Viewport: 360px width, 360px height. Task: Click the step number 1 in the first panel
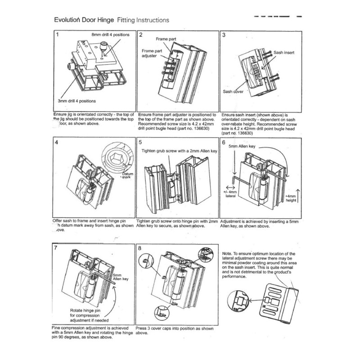[x=58, y=34]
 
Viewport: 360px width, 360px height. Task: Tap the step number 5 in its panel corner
[x=140, y=142]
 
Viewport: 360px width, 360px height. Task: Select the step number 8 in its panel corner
[x=140, y=247]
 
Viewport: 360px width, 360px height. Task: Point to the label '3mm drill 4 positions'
[x=76, y=101]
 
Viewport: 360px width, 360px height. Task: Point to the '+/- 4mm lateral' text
[x=230, y=195]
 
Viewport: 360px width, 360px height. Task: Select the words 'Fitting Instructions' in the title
[x=143, y=20]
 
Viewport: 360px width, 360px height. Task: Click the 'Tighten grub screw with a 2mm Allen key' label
[x=180, y=151]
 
